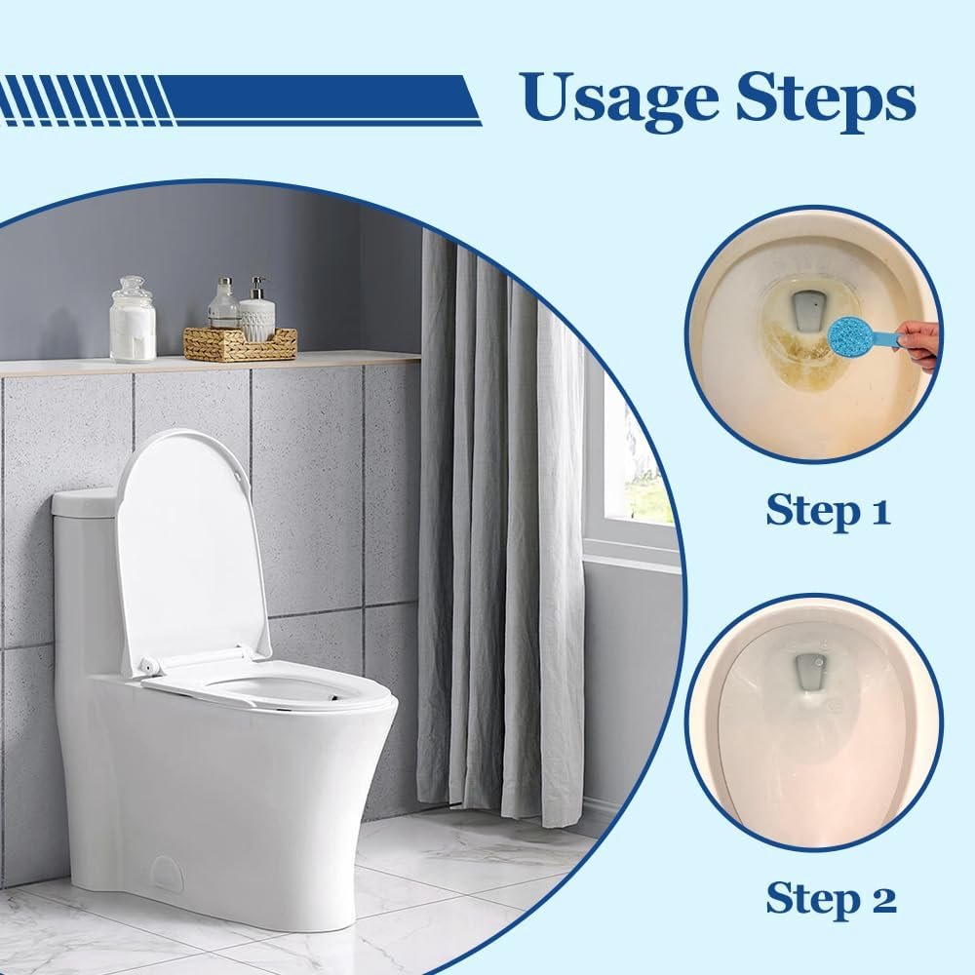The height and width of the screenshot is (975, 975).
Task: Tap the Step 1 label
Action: [x=828, y=509]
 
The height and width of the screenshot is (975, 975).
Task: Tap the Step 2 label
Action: [x=831, y=898]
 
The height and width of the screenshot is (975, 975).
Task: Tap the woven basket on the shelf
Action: [x=240, y=344]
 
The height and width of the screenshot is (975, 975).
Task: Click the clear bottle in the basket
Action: [x=223, y=307]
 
